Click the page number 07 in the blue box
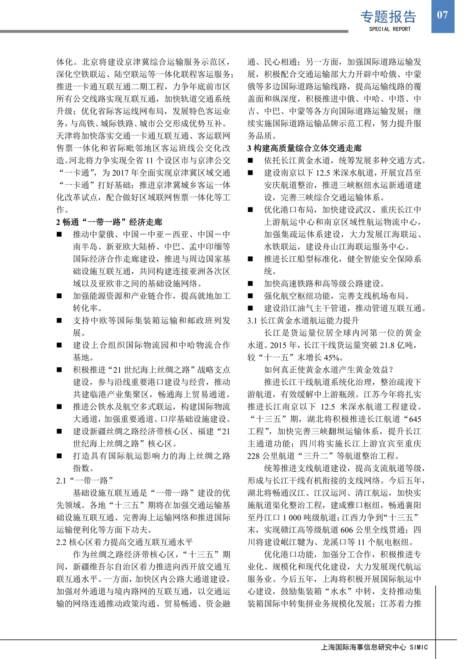pyautogui.click(x=442, y=15)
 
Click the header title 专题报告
pyautogui.click(x=388, y=17)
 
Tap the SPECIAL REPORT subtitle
pyautogui.click(x=390, y=29)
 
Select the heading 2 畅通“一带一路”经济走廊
pyautogui.click(x=109, y=222)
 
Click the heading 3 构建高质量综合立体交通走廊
pyautogui.click(x=304, y=148)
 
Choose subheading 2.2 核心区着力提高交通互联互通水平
pyautogui.click(x=124, y=542)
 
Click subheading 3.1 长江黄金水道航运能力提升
pyautogui.click(x=303, y=321)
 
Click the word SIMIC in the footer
pyautogui.click(x=419, y=647)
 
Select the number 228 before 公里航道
pyautogui.click(x=254, y=456)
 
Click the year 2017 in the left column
pyautogui.click(x=121, y=173)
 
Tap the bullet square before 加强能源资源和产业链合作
pyautogui.click(x=59, y=296)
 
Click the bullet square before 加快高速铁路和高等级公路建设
pyautogui.click(x=251, y=284)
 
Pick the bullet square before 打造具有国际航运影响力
pyautogui.click(x=59, y=456)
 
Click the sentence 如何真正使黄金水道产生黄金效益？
pyautogui.click(x=328, y=370)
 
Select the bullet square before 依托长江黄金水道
pyautogui.click(x=251, y=161)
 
